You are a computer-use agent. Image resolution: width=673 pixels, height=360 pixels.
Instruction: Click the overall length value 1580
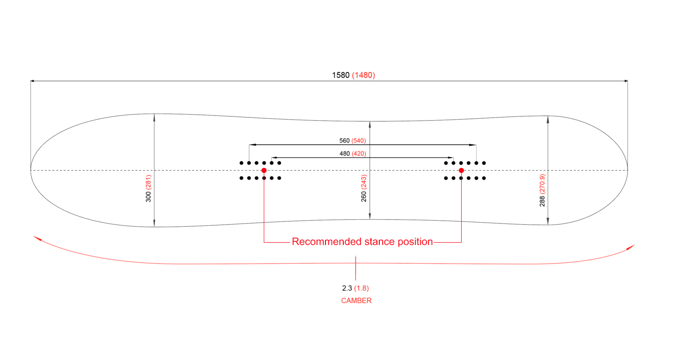(340, 75)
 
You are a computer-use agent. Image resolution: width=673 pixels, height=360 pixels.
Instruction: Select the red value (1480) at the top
(363, 75)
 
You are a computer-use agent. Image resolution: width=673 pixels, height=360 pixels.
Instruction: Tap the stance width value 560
(344, 140)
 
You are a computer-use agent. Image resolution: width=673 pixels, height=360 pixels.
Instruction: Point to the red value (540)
(359, 140)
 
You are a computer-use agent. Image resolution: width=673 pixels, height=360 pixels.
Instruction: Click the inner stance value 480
(344, 153)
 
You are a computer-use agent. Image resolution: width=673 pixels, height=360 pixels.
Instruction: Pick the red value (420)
(359, 153)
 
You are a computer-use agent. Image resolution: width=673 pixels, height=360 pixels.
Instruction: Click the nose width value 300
(148, 197)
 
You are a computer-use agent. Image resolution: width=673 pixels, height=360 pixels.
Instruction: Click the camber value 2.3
(347, 288)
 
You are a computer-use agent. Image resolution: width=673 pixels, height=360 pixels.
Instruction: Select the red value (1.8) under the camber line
(362, 288)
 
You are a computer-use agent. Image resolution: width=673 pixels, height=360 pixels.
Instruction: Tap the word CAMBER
(356, 301)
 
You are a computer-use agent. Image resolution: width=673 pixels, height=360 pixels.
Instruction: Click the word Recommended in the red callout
(326, 242)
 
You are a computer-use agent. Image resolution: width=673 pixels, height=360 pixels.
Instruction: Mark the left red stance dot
(264, 170)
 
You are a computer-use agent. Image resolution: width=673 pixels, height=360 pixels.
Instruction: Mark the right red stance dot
(461, 170)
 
